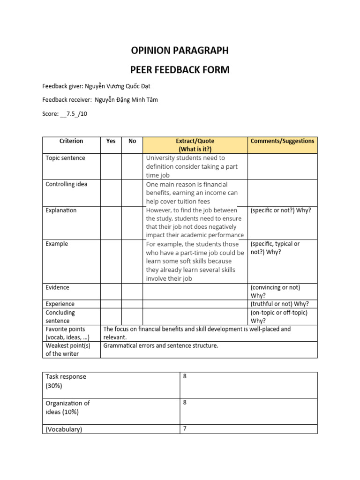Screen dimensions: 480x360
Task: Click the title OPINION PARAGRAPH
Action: tap(180, 51)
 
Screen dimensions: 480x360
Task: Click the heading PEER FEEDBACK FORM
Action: tap(180, 70)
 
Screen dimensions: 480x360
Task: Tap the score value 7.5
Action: tap(70, 113)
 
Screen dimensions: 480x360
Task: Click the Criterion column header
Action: tap(71, 141)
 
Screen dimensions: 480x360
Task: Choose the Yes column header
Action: tap(111, 141)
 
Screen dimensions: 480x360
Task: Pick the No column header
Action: tap(132, 141)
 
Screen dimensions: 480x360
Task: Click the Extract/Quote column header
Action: tap(195, 145)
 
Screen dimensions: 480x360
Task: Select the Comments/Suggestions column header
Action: tap(282, 141)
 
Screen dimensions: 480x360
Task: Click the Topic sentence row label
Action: tap(65, 158)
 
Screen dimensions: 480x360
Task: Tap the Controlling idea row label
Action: tap(67, 185)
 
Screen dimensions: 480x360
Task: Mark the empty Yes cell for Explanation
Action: tap(111, 223)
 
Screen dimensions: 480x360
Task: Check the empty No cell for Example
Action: tap(132, 261)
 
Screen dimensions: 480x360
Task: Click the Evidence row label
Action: tap(57, 288)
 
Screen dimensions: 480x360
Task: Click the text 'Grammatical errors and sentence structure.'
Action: tap(161, 346)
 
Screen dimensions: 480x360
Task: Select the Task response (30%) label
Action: tap(66, 381)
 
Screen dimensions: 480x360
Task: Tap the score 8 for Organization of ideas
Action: tap(185, 403)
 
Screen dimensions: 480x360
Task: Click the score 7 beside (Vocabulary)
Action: tap(185, 428)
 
